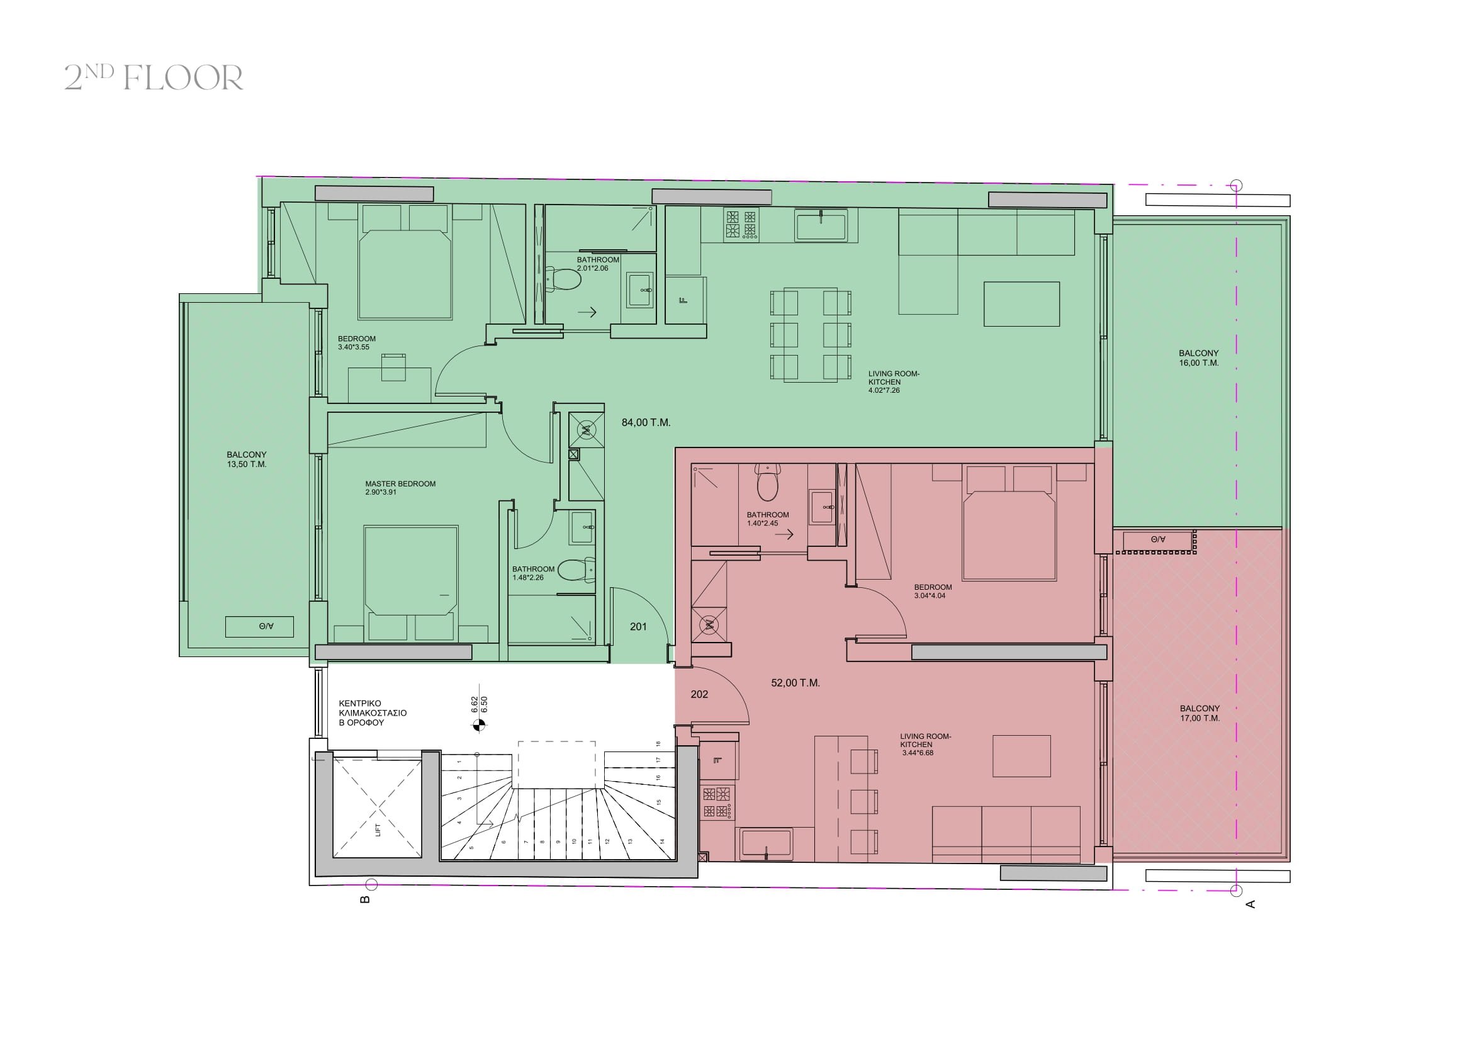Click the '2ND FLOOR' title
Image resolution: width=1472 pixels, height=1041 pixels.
pos(154,77)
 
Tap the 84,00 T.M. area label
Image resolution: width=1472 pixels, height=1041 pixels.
pos(646,423)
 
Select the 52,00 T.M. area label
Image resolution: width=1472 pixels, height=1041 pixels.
pos(795,684)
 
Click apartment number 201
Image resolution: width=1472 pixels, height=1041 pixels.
pos(638,627)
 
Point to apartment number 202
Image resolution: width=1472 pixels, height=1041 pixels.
pos(699,694)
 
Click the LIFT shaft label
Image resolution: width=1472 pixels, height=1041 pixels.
pos(378,830)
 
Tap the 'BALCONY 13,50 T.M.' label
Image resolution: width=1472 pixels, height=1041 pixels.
pos(246,459)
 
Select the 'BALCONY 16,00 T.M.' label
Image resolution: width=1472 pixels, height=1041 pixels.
pos(1198,357)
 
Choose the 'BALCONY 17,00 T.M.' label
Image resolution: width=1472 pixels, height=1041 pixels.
pos(1200,714)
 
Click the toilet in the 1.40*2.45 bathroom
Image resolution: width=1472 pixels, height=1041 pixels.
pos(767,483)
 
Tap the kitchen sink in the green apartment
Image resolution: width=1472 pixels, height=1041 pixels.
pos(821,226)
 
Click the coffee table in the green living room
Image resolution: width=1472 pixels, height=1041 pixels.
pos(1022,304)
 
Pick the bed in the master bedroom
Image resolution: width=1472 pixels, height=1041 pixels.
pos(411,583)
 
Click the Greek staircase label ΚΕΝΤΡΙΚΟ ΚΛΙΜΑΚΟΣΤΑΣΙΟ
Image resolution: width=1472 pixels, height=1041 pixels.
pos(373,708)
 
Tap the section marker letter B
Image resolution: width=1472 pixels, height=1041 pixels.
pos(365,899)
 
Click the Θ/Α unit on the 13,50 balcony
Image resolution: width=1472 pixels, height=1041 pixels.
pos(259,626)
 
